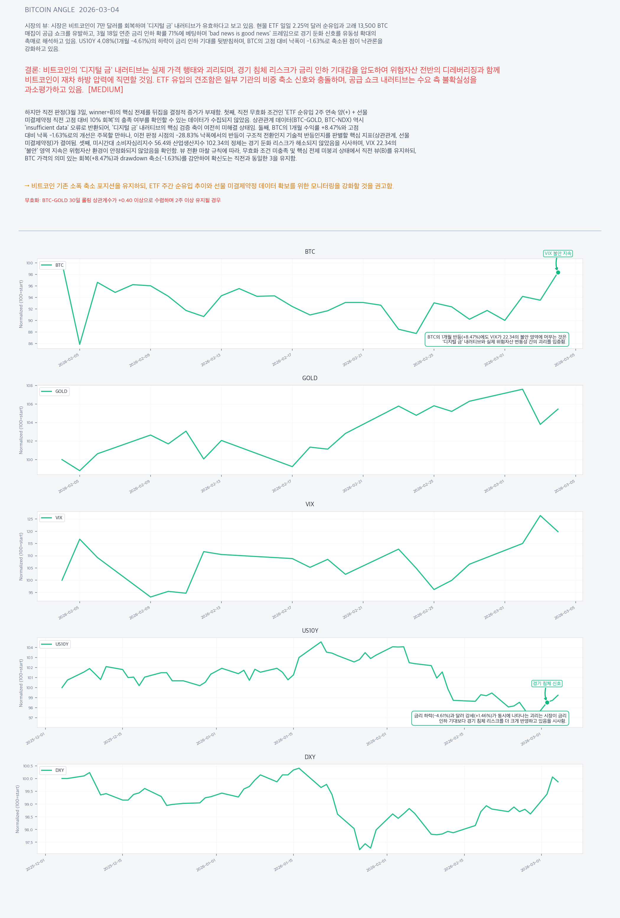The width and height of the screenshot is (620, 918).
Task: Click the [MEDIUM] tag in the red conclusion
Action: click(105, 90)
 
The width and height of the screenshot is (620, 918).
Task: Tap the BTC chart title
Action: click(310, 252)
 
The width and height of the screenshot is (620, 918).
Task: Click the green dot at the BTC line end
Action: click(558, 273)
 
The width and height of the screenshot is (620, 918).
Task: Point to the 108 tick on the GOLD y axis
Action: click(30, 385)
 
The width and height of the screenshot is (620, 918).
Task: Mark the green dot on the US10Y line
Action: click(547, 702)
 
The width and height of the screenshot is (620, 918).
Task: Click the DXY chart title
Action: click(310, 757)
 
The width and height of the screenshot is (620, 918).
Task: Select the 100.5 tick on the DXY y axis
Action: click(28, 766)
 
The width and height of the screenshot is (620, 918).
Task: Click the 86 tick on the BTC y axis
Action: click(30, 344)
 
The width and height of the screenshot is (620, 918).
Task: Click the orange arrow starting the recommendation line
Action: click(27, 186)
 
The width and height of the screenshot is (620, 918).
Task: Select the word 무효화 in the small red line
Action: click(32, 200)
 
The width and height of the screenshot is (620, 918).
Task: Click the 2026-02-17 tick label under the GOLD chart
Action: click(282, 486)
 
